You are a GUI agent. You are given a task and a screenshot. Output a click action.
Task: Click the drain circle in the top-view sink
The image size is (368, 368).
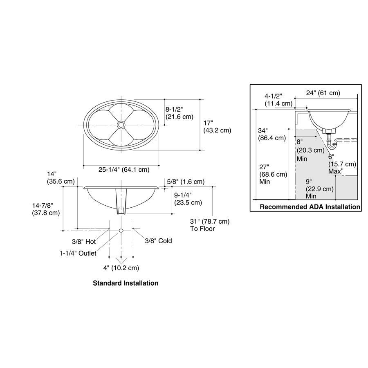click(121, 125)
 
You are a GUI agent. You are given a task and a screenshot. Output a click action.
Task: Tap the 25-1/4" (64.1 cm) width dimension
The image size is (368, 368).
click(124, 169)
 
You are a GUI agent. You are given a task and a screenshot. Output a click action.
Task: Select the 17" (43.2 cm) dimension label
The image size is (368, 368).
click(218, 126)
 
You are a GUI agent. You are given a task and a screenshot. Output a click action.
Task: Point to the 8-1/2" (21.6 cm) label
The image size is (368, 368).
click(180, 113)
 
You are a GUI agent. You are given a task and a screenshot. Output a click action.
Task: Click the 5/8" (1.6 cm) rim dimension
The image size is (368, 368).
click(186, 182)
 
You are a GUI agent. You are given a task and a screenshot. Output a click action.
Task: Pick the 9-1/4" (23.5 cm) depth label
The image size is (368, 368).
click(188, 199)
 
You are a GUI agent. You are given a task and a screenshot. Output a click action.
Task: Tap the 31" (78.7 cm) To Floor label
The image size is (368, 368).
click(210, 225)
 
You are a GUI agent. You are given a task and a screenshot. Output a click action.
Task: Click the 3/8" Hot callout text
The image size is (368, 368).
click(84, 242)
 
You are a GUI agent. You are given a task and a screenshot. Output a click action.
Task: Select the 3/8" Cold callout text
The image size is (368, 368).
click(158, 241)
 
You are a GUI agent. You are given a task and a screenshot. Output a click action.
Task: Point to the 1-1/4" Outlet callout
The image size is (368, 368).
click(78, 253)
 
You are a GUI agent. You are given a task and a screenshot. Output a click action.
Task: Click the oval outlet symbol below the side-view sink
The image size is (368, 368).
click(121, 231)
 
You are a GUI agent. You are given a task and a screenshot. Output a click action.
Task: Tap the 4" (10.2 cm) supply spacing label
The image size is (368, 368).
click(121, 268)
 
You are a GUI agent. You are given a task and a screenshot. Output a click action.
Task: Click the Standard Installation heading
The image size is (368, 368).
click(126, 283)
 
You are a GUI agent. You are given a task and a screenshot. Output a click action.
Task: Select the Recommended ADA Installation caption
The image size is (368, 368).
click(310, 207)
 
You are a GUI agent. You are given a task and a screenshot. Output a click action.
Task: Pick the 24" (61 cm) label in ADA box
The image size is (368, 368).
click(323, 93)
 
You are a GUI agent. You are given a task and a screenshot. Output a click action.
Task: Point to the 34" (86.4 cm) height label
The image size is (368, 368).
click(272, 134)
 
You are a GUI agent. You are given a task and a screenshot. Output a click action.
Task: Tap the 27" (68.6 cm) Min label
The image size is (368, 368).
click(273, 174)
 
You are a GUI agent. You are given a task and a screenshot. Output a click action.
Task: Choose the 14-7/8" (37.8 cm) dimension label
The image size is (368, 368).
click(46, 209)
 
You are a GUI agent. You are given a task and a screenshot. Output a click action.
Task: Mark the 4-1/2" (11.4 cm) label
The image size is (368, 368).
click(278, 99)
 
